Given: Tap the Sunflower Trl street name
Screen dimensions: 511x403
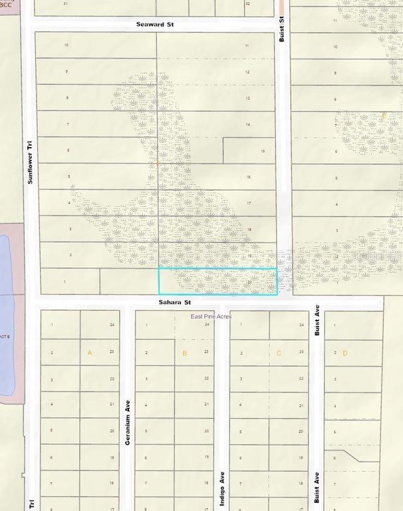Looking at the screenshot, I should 29,162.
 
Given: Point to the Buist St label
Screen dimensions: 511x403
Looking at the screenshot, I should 282,31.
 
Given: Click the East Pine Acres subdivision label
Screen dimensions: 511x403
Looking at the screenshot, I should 211,317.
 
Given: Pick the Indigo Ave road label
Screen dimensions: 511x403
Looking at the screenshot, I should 221,490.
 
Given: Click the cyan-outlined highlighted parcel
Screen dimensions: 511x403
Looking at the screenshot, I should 217,281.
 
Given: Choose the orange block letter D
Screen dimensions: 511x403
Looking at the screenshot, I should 344,353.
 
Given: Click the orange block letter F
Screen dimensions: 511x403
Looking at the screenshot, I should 384,117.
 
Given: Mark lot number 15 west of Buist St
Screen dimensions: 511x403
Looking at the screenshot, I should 263,151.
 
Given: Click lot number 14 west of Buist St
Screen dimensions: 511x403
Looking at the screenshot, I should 247,124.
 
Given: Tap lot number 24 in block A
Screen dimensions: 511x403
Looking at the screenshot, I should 112,325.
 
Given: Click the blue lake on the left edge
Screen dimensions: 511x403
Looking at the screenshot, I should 7,313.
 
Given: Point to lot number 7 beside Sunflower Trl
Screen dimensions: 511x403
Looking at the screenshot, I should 68,124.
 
